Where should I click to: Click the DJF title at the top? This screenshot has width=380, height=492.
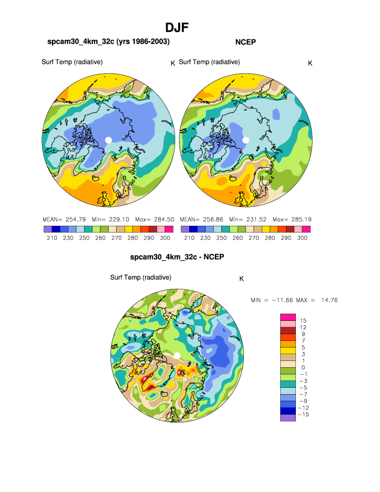(177, 27)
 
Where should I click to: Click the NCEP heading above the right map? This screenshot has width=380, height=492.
(245, 42)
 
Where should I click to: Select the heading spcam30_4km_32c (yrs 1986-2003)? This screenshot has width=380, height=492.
(108, 42)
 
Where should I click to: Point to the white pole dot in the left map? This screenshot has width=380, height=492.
(108, 139)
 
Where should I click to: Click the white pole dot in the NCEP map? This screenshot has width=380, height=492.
(245, 139)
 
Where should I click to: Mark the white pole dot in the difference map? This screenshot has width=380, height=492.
(177, 356)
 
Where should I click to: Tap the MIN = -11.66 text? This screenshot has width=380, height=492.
(273, 300)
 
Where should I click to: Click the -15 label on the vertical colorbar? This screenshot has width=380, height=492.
(304, 415)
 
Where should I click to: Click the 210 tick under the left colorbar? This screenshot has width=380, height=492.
(52, 238)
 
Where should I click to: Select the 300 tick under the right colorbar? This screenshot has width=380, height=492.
(302, 238)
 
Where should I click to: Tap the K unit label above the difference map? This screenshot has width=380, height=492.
(241, 279)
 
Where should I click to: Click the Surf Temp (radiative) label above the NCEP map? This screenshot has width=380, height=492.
(209, 62)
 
